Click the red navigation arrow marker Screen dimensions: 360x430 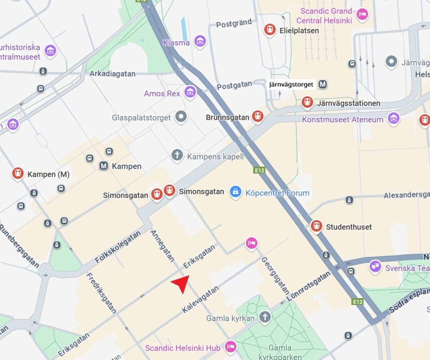pos(181,284)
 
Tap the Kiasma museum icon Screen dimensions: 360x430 pos(200,42)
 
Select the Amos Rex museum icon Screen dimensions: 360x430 pos(190,92)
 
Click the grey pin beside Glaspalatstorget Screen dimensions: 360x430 pos(181,117)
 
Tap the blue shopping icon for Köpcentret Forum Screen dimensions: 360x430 pos(236,192)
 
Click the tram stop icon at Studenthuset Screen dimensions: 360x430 pos(316,226)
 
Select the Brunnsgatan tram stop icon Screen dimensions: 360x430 pos(258,117)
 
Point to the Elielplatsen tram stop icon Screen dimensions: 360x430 pos(270,30)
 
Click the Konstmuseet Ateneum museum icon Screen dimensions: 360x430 pos(393,119)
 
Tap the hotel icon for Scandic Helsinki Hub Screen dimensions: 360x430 pos(230,347)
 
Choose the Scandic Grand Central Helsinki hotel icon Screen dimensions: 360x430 pos(362,15)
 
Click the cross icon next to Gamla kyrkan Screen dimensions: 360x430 pos(264,317)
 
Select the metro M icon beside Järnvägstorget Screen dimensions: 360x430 pos(322,84)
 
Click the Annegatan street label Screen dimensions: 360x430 pos(162,246)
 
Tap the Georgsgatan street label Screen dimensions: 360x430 pos(275,276)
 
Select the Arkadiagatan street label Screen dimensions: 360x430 pos(113,74)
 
